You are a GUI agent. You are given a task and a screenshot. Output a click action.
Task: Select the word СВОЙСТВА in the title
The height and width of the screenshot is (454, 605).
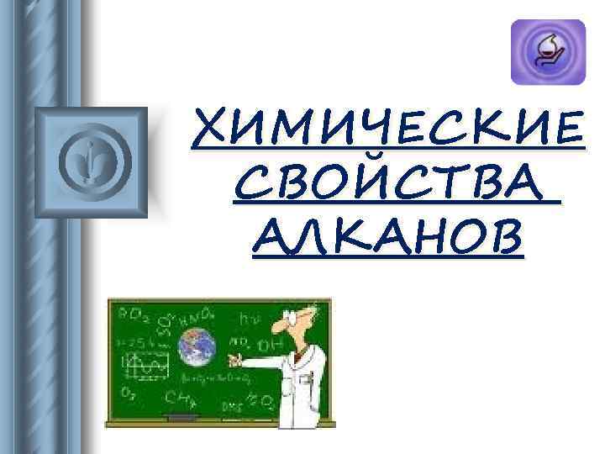pyautogui.click(x=391, y=184)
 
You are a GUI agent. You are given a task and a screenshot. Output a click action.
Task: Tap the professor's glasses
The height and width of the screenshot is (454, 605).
pyautogui.click(x=293, y=319)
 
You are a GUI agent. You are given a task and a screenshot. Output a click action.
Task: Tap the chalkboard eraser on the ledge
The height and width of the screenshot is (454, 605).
pyautogui.click(x=181, y=417)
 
